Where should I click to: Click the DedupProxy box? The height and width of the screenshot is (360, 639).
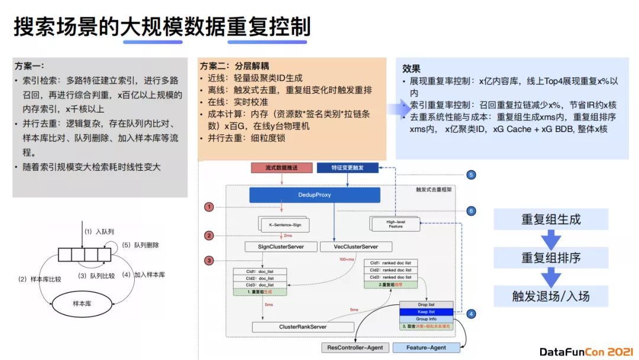pyautogui.click(x=314, y=194)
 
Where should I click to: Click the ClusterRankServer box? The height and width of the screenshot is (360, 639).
pyautogui.click(x=303, y=327)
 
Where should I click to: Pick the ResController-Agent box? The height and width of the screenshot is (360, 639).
pyautogui.click(x=355, y=348)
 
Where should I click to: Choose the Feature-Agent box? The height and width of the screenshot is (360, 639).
pyautogui.click(x=426, y=348)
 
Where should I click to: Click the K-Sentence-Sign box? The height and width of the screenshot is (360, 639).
pyautogui.click(x=286, y=225)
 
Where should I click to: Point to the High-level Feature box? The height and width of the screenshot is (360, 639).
pyautogui.click(x=395, y=223)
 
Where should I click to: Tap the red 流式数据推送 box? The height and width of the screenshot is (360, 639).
pyautogui.click(x=282, y=168)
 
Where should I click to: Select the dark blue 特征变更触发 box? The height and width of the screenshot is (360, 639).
pyautogui.click(x=348, y=168)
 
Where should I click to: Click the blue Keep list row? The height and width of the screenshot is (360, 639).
pyautogui.click(x=426, y=311)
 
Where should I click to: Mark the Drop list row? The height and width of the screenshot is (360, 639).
pyautogui.click(x=426, y=304)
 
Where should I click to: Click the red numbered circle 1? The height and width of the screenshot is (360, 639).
pyautogui.click(x=209, y=207)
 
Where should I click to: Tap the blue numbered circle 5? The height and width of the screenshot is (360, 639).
pyautogui.click(x=471, y=175)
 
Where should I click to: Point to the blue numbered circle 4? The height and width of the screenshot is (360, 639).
pyautogui.click(x=471, y=314)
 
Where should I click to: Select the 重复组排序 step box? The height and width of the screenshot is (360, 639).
pyautogui.click(x=551, y=258)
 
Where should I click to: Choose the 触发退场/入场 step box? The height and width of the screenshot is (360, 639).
pyautogui.click(x=551, y=296)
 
